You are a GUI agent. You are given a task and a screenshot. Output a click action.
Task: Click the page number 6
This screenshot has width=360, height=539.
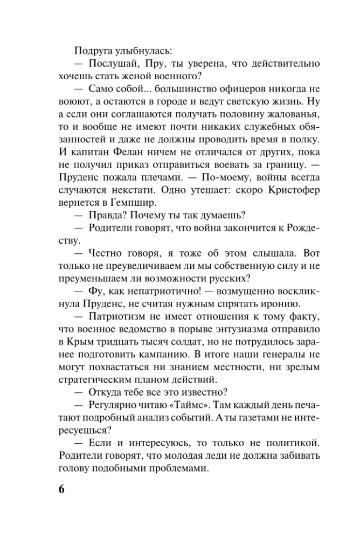60,489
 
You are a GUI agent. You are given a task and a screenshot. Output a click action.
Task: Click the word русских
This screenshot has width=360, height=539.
231,278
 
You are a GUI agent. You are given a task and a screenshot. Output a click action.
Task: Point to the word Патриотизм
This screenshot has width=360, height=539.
116,316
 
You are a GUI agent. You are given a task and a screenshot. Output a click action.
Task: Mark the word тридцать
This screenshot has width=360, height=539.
123,342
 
